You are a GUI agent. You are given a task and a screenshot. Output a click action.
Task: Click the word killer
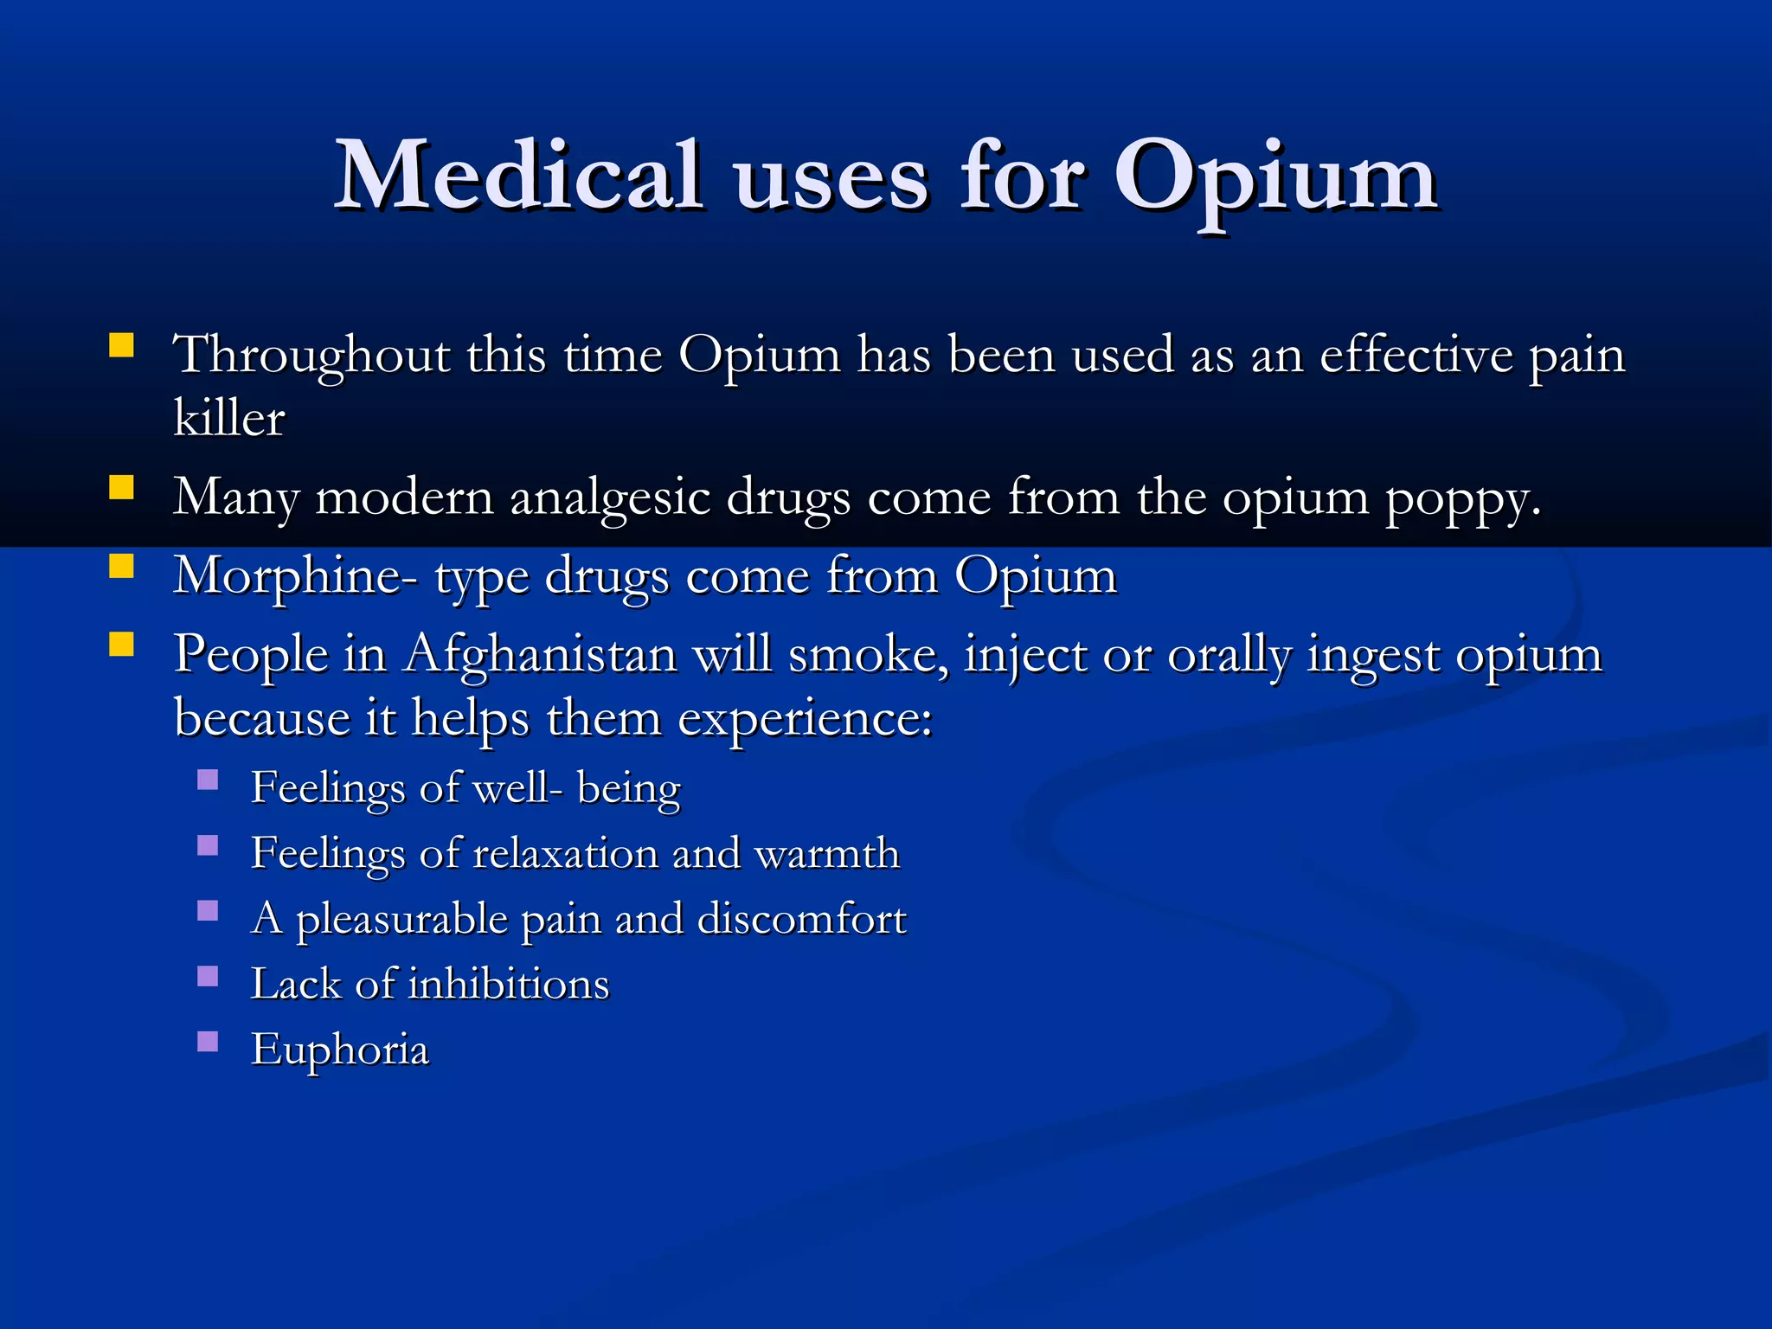(228, 419)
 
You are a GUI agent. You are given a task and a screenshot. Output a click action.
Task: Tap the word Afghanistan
(542, 654)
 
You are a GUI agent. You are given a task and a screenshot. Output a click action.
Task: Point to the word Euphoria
(339, 1050)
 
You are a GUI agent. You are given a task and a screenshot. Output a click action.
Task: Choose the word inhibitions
(508, 985)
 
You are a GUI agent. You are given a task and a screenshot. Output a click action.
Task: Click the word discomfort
(801, 919)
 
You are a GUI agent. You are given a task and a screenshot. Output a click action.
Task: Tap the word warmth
(826, 854)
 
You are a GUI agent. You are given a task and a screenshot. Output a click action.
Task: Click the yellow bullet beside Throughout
(122, 347)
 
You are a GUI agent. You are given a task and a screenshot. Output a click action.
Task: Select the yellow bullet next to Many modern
(122, 489)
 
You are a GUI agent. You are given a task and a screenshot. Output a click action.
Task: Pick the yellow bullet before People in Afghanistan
(122, 645)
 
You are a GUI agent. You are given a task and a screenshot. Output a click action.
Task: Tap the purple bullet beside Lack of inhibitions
(208, 977)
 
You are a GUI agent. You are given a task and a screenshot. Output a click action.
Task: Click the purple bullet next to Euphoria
(208, 1042)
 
